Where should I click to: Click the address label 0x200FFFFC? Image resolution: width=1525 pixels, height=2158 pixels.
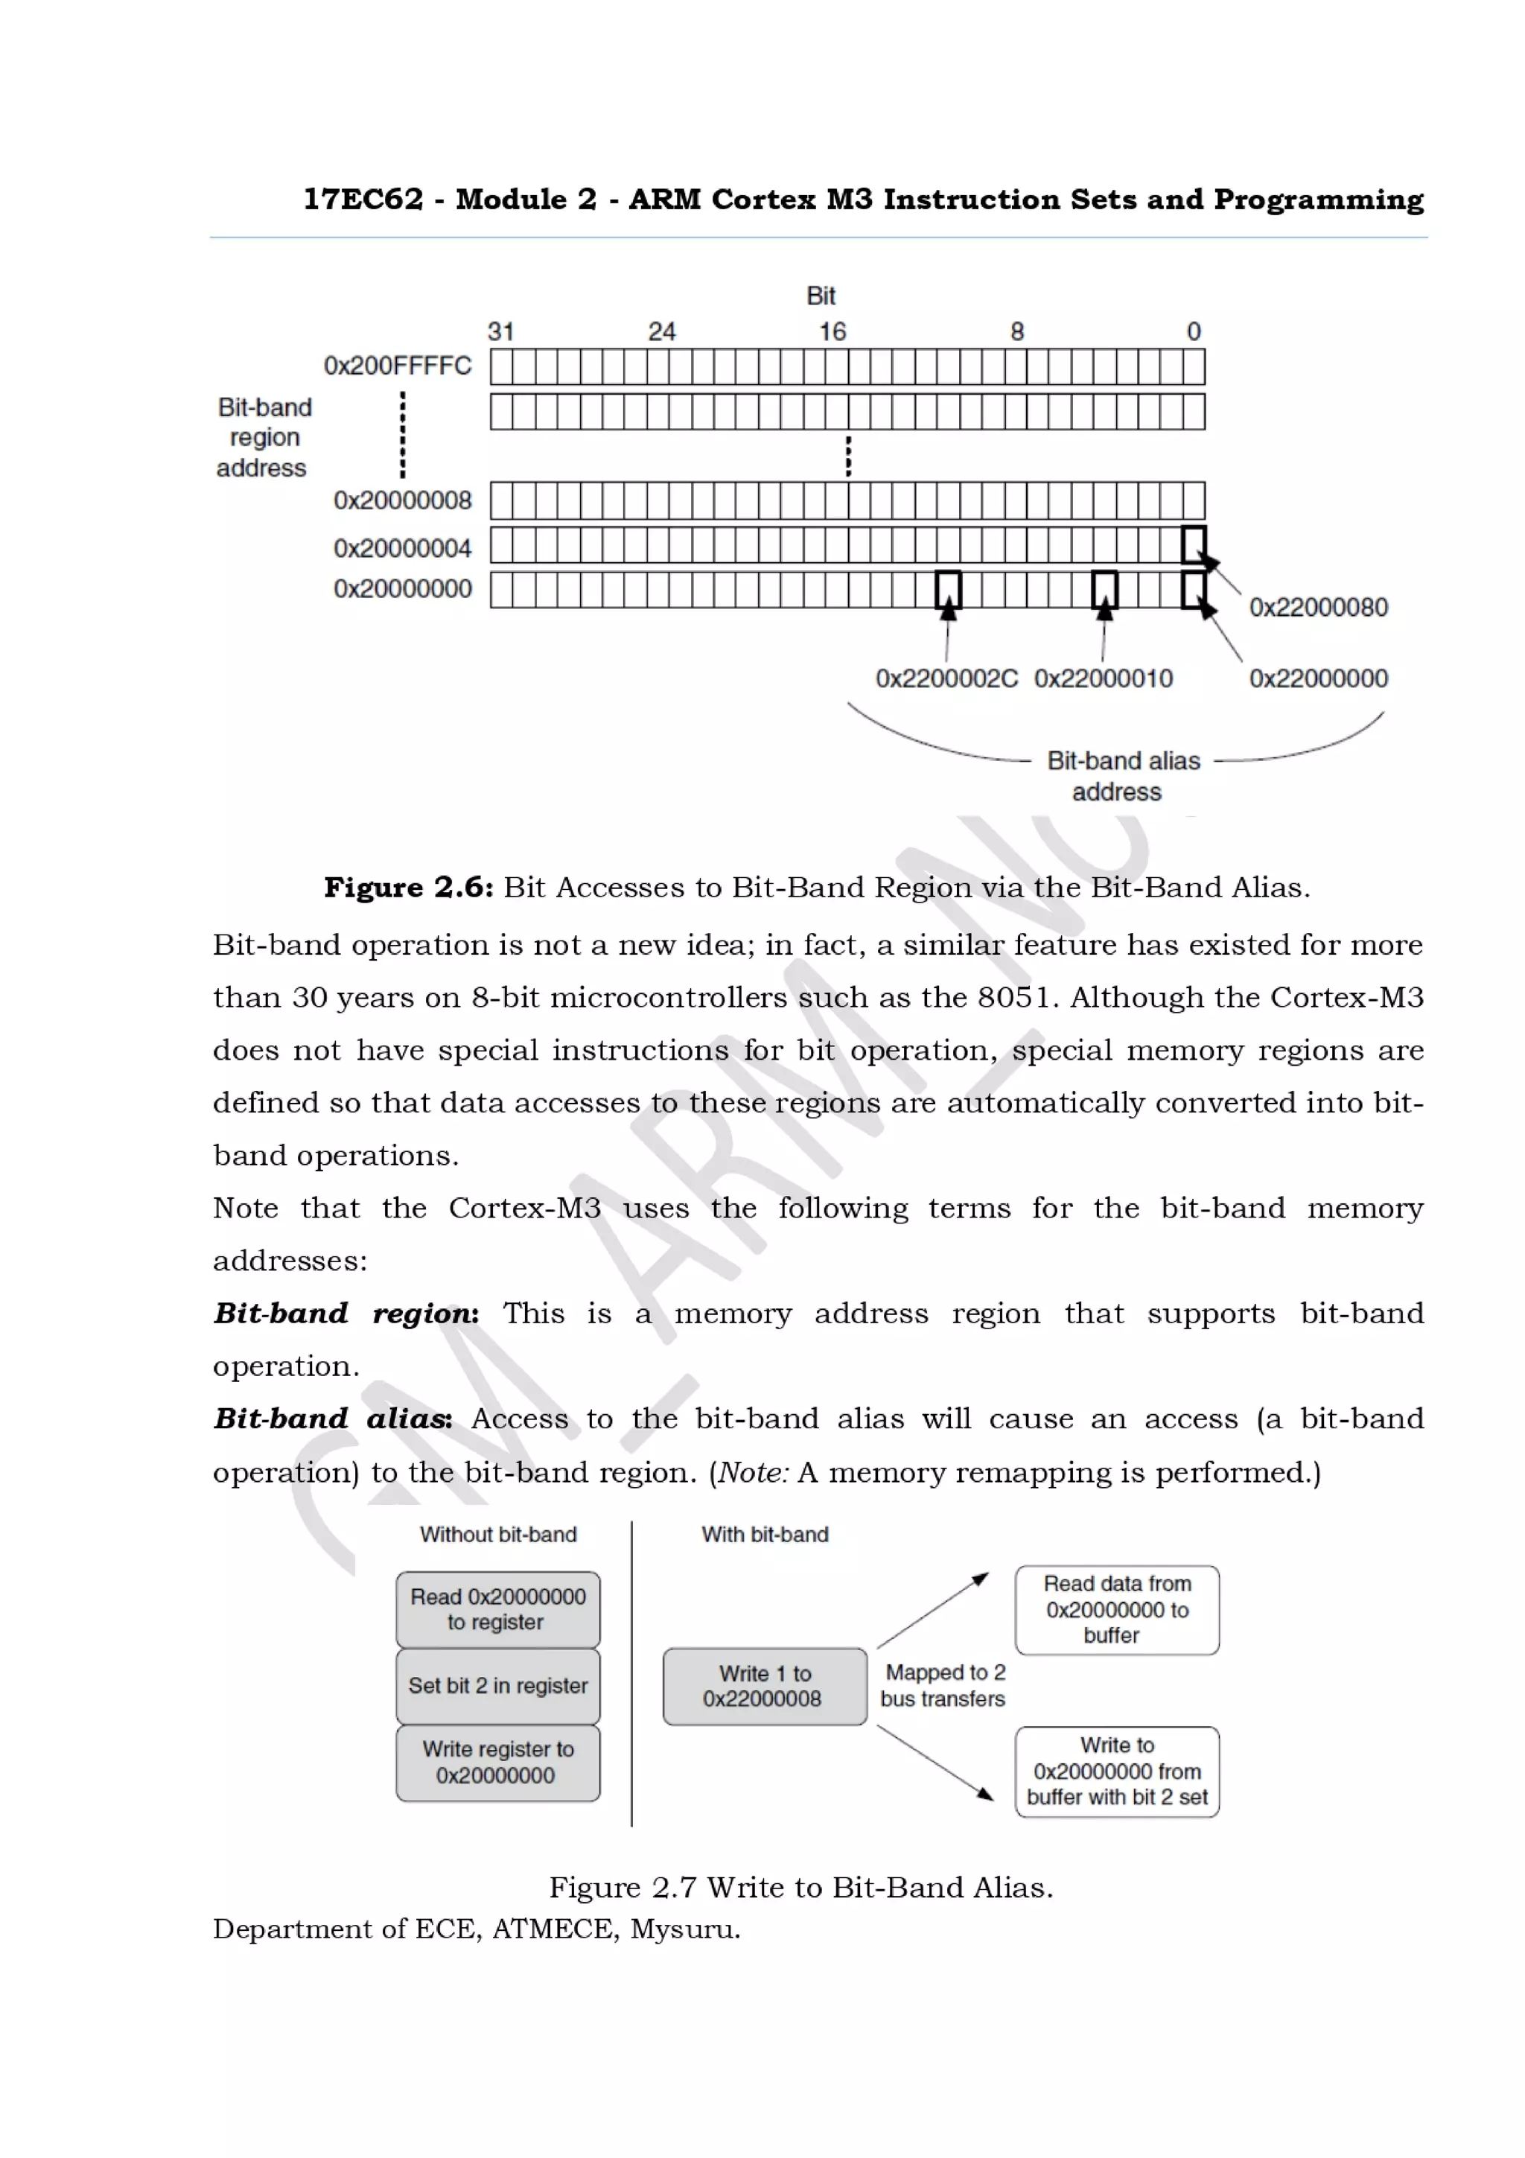(398, 366)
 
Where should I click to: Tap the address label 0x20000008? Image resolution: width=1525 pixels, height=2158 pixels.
(402, 500)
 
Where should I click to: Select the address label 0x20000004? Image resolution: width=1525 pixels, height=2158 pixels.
(402, 547)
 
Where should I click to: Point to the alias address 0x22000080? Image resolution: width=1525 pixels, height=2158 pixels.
(1317, 607)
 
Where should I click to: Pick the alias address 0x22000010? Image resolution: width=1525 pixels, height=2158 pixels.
(1103, 678)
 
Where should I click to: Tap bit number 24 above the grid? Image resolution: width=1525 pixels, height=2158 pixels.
(661, 332)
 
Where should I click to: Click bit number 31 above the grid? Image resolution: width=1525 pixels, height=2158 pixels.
(501, 332)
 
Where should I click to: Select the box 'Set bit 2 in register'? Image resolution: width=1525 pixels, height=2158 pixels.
(498, 1685)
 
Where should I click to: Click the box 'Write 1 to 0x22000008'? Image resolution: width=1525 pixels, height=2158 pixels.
(764, 1686)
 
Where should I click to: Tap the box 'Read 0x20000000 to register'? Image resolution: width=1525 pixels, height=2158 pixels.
(498, 1609)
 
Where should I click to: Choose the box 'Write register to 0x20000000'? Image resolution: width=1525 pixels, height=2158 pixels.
(498, 1763)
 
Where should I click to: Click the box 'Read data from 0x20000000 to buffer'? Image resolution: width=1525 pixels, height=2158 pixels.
(1116, 1609)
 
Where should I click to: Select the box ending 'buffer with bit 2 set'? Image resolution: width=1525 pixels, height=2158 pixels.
(1116, 1772)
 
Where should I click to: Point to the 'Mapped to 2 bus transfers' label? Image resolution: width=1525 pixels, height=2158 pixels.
(943, 1685)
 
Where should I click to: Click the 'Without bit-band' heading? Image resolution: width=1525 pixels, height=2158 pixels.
(498, 1535)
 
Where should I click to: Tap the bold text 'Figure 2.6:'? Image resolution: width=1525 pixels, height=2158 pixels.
(408, 888)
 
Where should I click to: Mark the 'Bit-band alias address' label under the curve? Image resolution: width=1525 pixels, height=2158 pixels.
(1122, 775)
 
